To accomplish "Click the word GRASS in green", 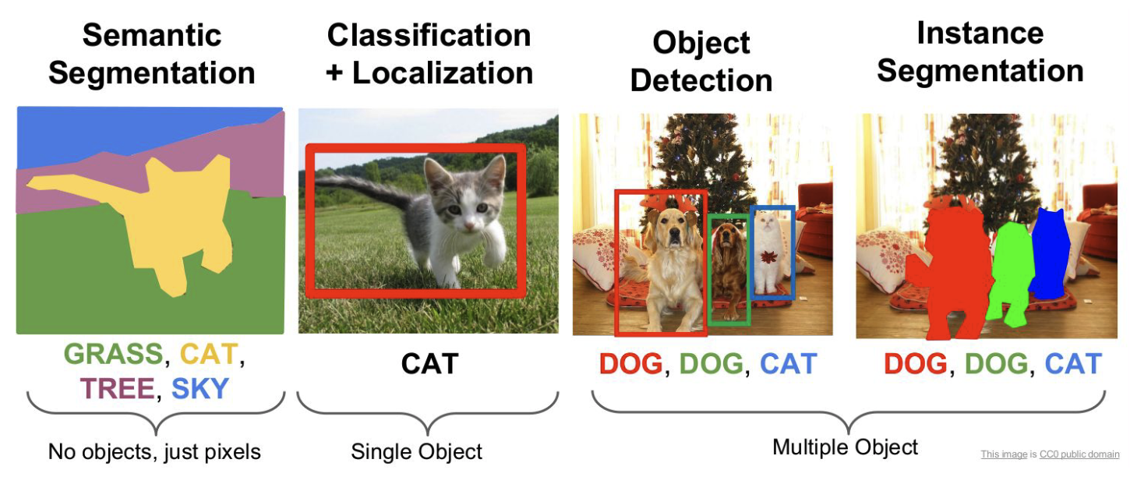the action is (x=114, y=354).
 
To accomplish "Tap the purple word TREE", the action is (x=117, y=389).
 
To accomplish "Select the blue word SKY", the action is (x=200, y=389).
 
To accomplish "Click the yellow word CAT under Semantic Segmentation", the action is (x=208, y=354).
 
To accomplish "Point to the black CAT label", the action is (x=430, y=363).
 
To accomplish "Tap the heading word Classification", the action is (x=429, y=35).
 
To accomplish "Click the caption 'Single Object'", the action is (x=417, y=451).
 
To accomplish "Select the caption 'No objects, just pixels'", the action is (x=154, y=451).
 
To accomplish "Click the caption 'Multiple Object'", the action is (x=845, y=447).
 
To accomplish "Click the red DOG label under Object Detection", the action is (x=630, y=363).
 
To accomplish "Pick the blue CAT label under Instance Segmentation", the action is (x=1073, y=363).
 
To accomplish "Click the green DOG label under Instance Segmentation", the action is (x=996, y=363).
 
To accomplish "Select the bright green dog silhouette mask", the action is (x=1012, y=273).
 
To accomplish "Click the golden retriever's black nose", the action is (x=673, y=234).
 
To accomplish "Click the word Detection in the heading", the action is (x=701, y=81).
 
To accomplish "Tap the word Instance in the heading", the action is (x=980, y=34).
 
